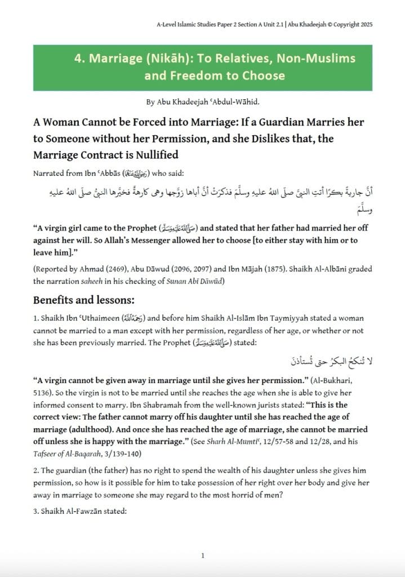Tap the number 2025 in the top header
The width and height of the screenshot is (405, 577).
click(x=363, y=25)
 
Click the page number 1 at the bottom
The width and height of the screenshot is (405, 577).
click(x=202, y=556)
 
